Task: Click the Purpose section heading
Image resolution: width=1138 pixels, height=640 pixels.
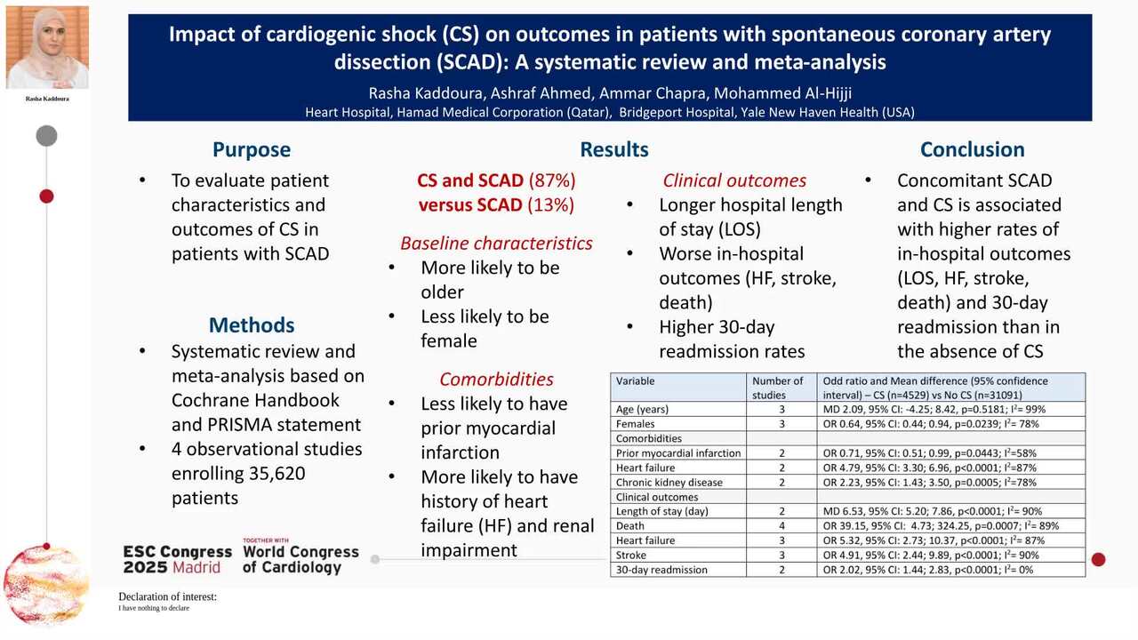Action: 252,149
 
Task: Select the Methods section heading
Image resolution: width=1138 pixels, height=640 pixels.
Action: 252,324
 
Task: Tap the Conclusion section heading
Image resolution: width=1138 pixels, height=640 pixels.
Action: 972,149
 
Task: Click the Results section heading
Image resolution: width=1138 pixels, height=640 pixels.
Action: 614,149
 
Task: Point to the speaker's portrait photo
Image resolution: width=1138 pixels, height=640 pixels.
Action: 47,47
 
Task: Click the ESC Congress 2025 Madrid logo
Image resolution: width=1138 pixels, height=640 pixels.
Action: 178,559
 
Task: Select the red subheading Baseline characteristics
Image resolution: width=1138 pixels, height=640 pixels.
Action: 496,243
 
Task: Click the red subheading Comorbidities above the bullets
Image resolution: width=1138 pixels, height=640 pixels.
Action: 496,380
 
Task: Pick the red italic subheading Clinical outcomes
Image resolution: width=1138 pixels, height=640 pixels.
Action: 734,180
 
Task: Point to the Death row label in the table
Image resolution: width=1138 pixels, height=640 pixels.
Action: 630,525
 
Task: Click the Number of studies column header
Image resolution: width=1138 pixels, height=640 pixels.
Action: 778,388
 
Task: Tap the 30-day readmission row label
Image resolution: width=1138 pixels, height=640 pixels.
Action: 661,570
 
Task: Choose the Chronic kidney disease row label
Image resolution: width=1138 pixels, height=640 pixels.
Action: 669,482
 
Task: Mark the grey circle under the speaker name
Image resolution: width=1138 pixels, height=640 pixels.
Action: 47,136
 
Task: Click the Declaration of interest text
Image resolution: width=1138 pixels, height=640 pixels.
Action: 167,597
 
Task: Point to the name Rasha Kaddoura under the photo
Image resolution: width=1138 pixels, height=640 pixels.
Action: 47,99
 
